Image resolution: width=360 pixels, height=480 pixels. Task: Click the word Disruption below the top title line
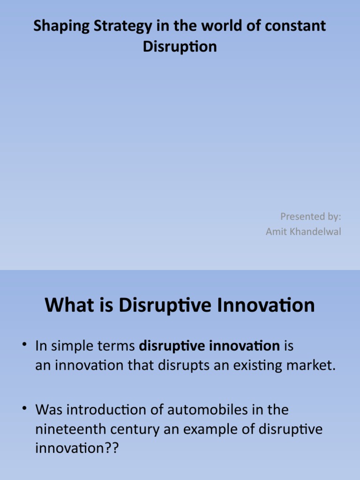[180, 47]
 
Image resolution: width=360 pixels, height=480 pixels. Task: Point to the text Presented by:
[311, 216]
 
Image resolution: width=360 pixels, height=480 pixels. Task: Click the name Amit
[276, 232]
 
